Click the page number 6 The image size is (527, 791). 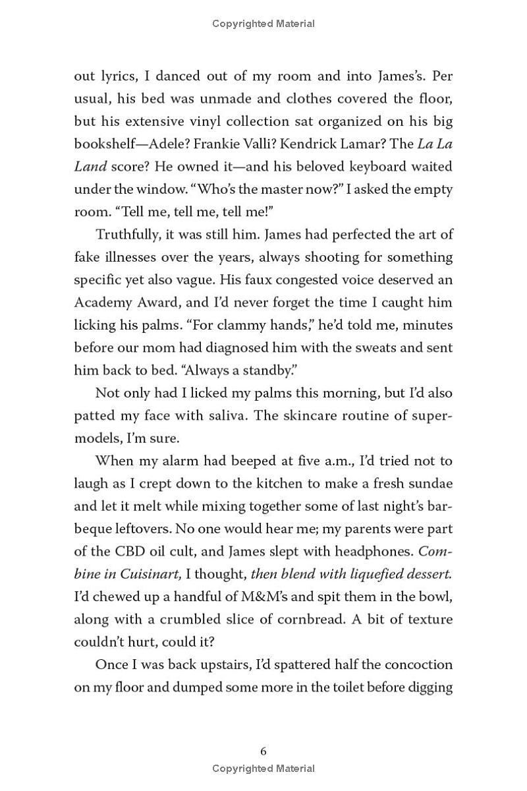(x=263, y=751)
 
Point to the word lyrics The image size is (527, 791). (x=119, y=76)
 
